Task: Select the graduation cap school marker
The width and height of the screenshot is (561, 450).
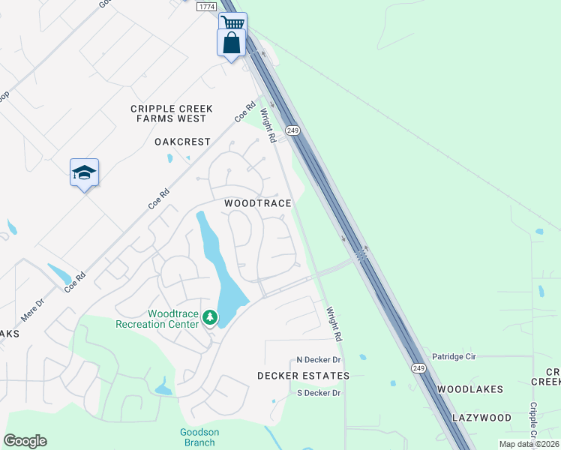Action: [84, 172]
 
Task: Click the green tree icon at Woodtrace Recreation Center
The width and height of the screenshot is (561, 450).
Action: [211, 319]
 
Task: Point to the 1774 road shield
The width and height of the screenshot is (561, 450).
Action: [207, 6]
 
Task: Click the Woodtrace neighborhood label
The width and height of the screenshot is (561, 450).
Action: [257, 203]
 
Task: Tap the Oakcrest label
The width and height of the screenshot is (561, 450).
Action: [181, 141]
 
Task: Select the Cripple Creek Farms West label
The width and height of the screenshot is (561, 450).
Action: [172, 113]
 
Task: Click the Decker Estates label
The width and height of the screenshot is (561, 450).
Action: [303, 375]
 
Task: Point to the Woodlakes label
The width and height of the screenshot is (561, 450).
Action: [470, 389]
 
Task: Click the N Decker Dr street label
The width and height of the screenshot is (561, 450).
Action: [319, 360]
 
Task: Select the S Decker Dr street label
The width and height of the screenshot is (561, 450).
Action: [319, 392]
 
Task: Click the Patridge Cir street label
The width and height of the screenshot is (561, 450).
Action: [454, 356]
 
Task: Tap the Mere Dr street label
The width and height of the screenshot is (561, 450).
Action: [33, 310]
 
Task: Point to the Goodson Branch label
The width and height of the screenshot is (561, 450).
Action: [199, 436]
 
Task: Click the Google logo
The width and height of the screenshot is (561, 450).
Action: [25, 441]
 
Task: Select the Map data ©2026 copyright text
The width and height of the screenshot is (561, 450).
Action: [529, 444]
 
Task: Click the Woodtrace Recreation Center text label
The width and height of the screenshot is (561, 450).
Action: [157, 319]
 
